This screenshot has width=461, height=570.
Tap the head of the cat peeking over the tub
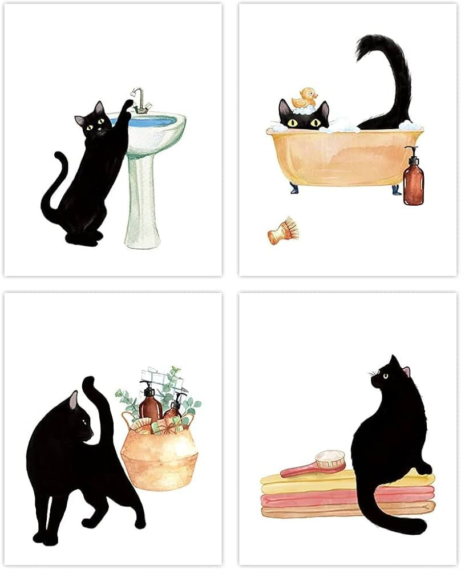[304, 117]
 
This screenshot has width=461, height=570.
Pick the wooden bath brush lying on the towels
[317, 463]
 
